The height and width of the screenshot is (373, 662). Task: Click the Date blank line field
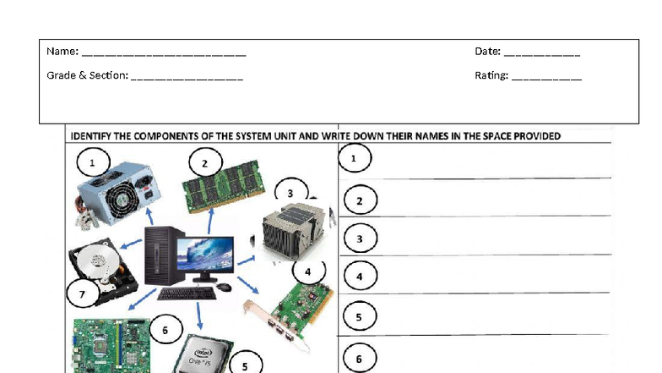point(541,52)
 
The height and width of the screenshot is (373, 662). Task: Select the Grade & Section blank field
point(187,77)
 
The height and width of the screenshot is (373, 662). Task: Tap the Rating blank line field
point(546,77)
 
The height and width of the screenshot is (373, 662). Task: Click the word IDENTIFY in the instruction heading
point(93,135)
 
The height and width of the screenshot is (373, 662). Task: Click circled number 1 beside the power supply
point(94,161)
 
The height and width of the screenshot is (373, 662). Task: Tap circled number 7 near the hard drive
point(82,295)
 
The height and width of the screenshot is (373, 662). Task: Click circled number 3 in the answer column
point(360,239)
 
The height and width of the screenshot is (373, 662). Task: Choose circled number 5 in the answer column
point(359,317)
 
